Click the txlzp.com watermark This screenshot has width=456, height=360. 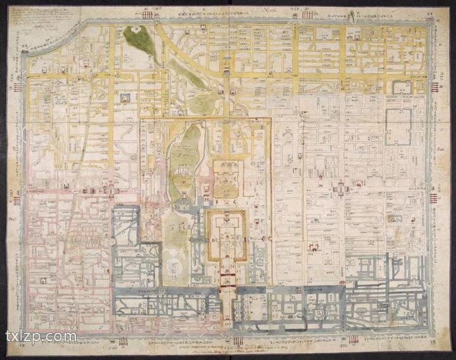(x=41, y=336)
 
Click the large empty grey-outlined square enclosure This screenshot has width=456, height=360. (x=398, y=127)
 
